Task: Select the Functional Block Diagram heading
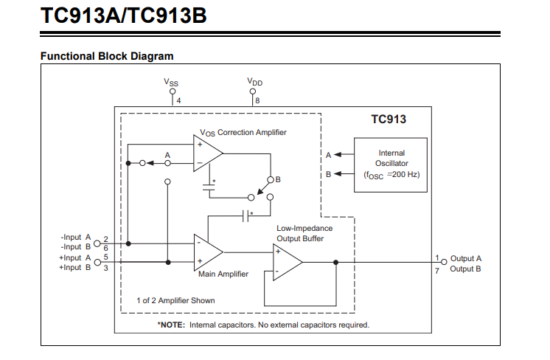107,56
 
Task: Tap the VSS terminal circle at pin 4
173,92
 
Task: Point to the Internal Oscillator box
391,165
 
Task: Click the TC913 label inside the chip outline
388,118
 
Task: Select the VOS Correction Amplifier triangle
207,153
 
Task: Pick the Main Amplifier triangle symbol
207,252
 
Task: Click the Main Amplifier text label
223,274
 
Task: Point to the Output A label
466,258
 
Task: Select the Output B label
466,269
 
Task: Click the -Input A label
76,238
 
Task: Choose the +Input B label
75,267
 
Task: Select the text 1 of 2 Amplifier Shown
175,300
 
